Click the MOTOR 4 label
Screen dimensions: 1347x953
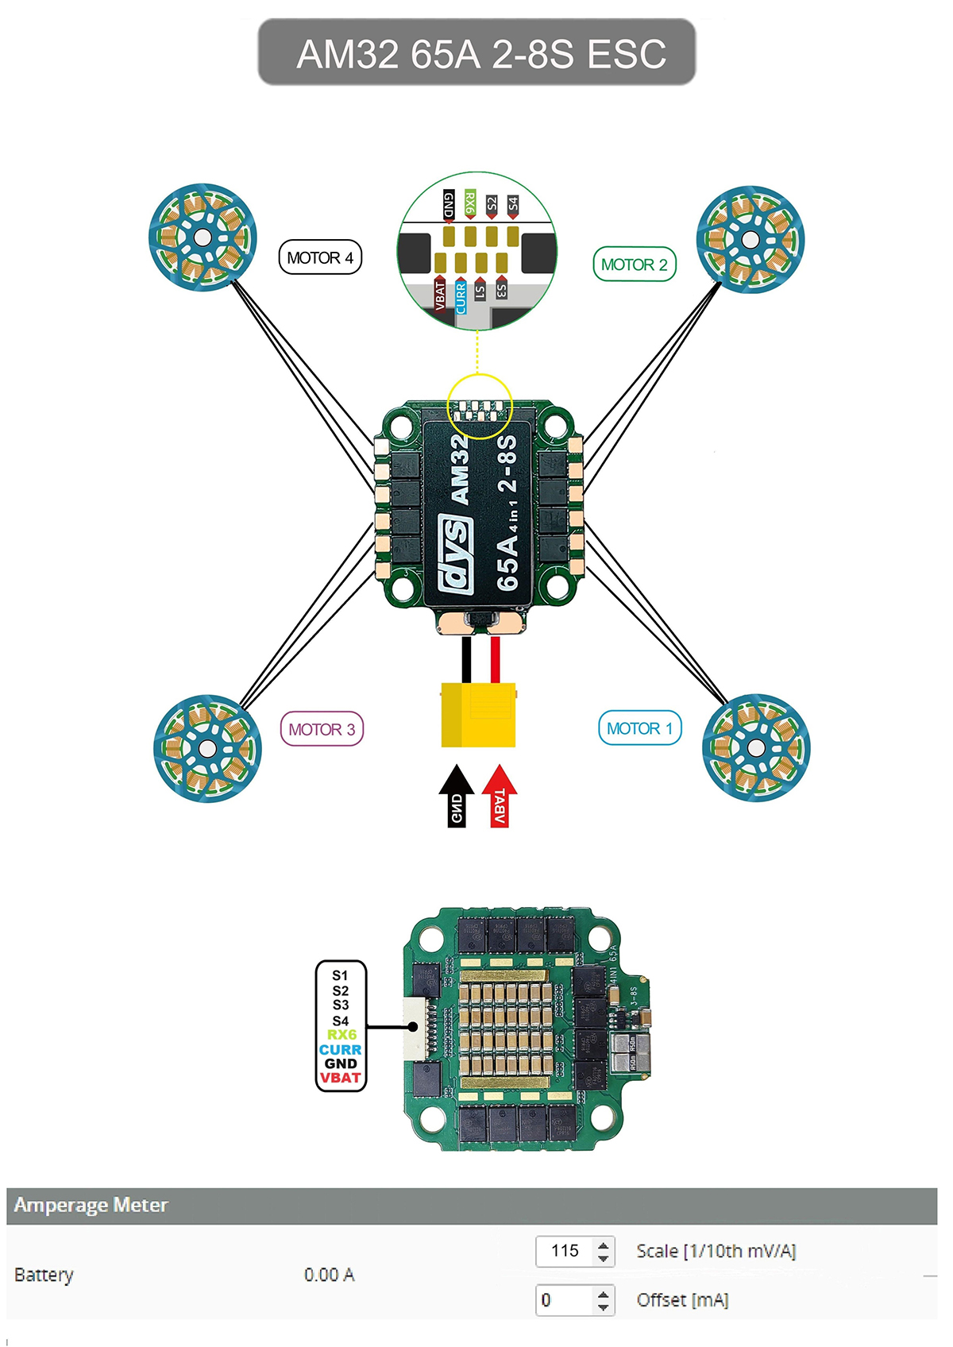point(320,257)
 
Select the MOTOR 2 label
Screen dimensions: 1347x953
point(635,264)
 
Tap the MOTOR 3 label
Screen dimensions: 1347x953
point(322,729)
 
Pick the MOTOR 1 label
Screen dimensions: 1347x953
point(639,728)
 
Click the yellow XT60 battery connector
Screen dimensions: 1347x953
point(478,715)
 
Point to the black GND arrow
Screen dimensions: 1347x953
point(457,797)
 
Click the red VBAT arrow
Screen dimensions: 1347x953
point(500,797)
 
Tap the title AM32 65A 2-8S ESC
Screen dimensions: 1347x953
point(477,53)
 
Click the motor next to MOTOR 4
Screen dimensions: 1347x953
point(203,237)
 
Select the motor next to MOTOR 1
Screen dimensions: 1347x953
point(756,747)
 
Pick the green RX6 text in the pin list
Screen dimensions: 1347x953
point(341,1035)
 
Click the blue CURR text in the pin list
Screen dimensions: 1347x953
point(341,1049)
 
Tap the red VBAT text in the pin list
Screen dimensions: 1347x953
point(341,1078)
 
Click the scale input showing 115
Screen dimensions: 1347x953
point(565,1251)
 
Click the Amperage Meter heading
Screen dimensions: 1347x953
point(91,1205)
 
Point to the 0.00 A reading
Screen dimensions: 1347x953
point(329,1275)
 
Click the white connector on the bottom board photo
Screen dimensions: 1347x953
point(415,1027)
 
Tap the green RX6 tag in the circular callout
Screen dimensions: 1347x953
point(470,203)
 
